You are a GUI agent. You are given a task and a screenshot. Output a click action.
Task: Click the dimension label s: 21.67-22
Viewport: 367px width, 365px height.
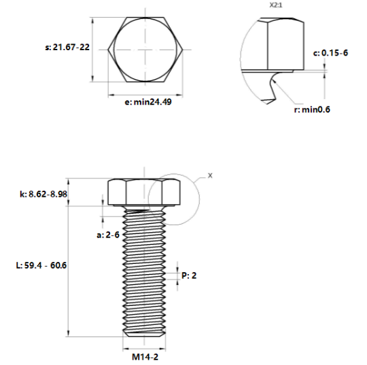click(x=67, y=47)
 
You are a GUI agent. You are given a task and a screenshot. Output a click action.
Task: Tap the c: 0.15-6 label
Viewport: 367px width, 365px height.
click(x=330, y=52)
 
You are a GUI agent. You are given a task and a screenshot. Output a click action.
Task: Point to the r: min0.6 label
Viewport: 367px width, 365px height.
click(x=312, y=110)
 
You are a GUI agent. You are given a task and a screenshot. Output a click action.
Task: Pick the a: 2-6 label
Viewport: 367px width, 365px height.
click(x=109, y=234)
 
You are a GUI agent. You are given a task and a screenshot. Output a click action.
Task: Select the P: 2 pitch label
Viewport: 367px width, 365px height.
click(x=189, y=275)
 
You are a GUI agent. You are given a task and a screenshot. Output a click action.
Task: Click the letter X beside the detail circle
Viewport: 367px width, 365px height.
click(x=209, y=175)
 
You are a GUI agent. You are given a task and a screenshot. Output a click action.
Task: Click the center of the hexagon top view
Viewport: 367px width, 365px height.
click(x=144, y=49)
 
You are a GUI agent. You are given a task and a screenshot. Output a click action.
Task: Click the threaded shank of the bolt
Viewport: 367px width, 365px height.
click(x=144, y=271)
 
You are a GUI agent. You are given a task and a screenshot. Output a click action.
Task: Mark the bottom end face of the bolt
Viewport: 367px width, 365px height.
click(x=144, y=336)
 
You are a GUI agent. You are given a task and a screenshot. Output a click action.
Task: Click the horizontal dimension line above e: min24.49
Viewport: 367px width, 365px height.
click(x=144, y=93)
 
